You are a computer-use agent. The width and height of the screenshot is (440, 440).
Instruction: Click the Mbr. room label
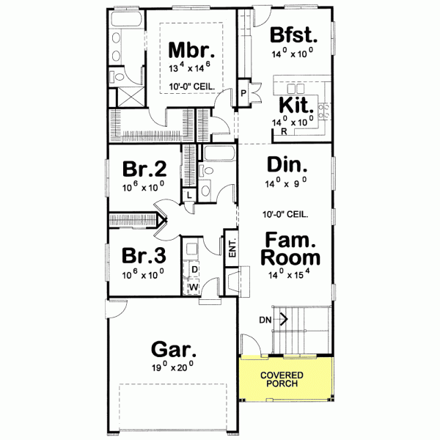pyautogui.click(x=191, y=51)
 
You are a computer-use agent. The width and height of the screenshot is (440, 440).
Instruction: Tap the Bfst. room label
pyautogui.click(x=293, y=34)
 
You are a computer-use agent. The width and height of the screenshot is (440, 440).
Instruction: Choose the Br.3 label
pyautogui.click(x=144, y=255)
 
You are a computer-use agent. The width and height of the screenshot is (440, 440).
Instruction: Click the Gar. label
pyautogui.click(x=172, y=348)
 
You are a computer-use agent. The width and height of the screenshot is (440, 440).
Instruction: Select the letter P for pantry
pyautogui.click(x=243, y=93)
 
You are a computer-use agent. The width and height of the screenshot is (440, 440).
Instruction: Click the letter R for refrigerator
pyautogui.click(x=284, y=132)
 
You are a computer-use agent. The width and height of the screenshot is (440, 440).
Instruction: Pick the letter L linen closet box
pyautogui.click(x=188, y=195)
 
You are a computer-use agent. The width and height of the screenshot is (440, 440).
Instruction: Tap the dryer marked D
pyautogui.click(x=194, y=270)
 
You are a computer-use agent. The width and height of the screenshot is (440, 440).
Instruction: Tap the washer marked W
pyautogui.click(x=194, y=286)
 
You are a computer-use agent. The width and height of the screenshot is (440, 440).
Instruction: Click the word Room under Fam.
pyautogui.click(x=291, y=258)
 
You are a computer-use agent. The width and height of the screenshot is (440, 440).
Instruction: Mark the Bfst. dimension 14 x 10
pyautogui.click(x=293, y=52)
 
